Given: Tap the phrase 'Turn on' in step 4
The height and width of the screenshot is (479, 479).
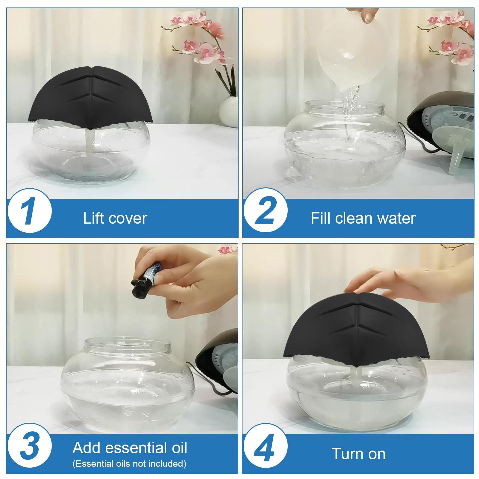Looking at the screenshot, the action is [358, 454].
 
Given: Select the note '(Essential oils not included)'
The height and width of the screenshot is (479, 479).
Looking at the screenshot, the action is [129, 464].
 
